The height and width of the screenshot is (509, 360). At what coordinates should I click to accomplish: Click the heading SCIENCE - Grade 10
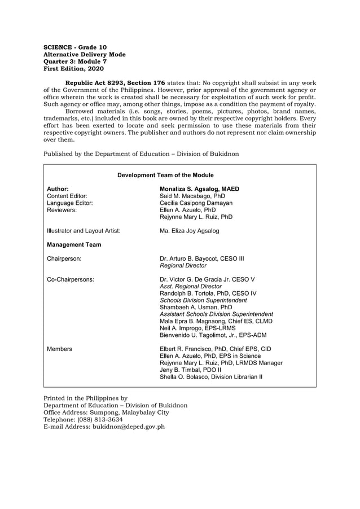click(x=75, y=47)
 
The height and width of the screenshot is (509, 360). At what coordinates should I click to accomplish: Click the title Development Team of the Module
click(x=165, y=175)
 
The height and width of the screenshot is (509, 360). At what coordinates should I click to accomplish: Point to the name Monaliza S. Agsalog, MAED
click(x=199, y=189)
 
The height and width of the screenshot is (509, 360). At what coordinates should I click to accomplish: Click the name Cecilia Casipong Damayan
click(x=196, y=203)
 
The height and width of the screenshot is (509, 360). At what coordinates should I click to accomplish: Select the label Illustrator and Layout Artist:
click(x=84, y=231)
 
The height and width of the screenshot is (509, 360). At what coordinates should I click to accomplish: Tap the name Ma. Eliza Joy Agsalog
click(x=190, y=231)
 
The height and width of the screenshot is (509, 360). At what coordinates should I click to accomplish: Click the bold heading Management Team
click(x=74, y=245)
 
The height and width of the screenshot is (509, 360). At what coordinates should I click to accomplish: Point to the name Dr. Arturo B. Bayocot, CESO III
click(x=202, y=259)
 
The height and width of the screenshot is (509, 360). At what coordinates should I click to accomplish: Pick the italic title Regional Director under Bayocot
click(x=183, y=266)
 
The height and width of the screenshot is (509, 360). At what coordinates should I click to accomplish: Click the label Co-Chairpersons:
click(x=71, y=279)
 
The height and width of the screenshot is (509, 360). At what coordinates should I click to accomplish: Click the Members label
click(x=59, y=349)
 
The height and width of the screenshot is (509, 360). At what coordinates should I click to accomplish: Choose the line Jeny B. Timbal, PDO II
click(x=191, y=370)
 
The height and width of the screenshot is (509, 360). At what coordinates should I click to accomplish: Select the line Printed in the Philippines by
click(x=86, y=398)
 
